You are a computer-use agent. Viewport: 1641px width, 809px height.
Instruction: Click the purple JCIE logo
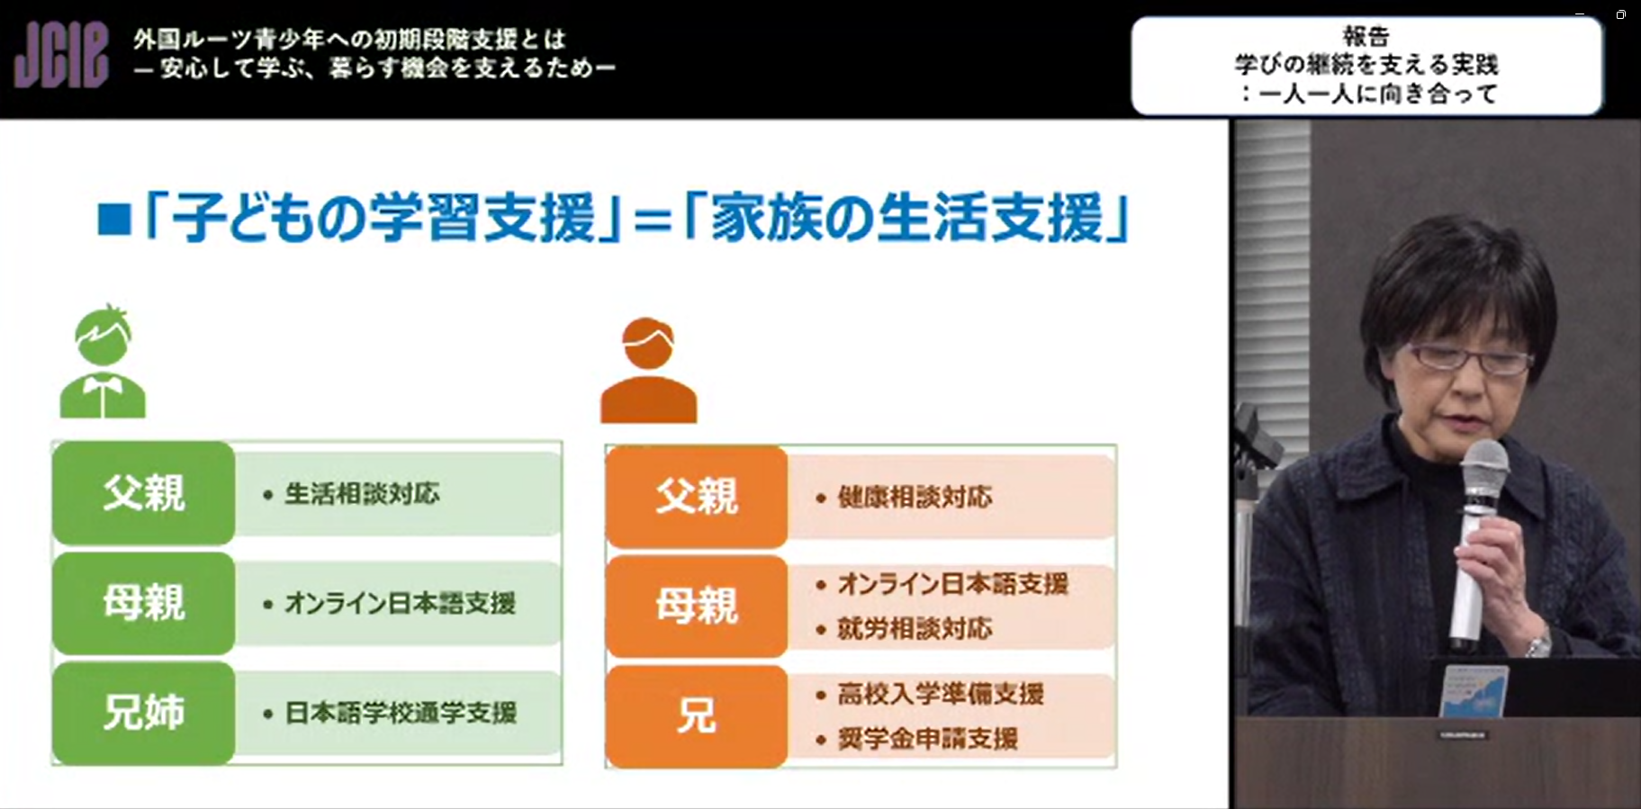pos(61,56)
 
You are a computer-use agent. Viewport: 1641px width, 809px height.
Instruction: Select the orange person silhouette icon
pos(648,370)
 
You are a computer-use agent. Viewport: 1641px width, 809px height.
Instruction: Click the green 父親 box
pos(144,493)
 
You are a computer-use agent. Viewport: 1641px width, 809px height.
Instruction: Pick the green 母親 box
pos(144,603)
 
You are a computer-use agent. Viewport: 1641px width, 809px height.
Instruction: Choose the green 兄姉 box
pos(144,713)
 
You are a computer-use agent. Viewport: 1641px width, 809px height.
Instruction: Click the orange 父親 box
pos(697,497)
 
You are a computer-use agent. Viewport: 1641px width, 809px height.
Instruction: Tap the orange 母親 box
pos(697,607)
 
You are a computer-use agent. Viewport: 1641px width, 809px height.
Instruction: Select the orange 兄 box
pos(697,716)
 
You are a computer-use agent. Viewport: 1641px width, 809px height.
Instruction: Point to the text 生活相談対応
pos(363,493)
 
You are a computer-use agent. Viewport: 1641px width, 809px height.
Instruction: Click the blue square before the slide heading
pos(114,220)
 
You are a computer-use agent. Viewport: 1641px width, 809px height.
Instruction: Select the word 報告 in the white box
pos(1366,37)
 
